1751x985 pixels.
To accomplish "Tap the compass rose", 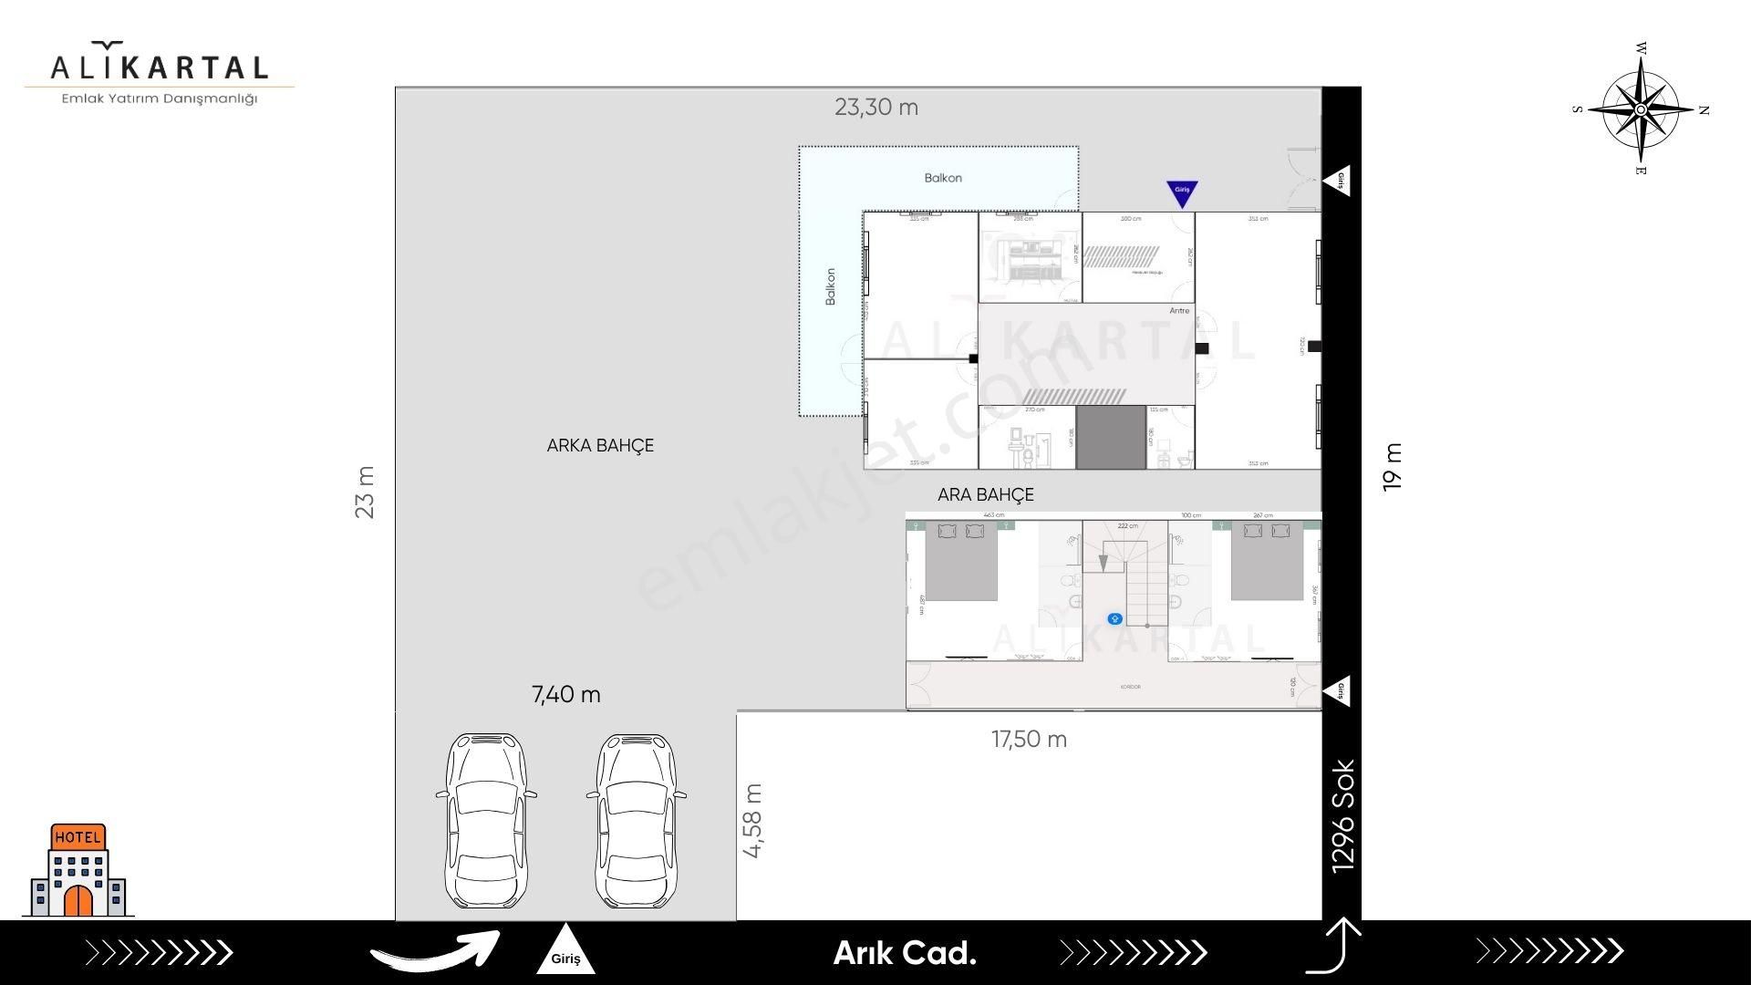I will point(1641,109).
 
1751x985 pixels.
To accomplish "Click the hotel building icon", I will point(78,871).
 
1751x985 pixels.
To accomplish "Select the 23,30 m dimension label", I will point(876,108).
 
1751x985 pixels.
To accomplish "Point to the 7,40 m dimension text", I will point(566,695).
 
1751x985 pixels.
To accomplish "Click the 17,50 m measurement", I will point(1029,740).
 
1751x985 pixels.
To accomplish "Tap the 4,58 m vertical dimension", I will point(753,821).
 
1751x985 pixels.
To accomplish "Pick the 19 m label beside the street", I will point(1392,468).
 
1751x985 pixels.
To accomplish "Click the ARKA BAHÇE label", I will point(600,446).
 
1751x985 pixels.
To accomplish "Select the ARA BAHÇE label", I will point(986,495).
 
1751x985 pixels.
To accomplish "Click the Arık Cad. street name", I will point(905,954).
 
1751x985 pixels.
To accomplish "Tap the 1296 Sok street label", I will point(1343,816).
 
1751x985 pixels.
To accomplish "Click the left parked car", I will point(486,821).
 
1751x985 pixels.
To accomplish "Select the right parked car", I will point(637,821).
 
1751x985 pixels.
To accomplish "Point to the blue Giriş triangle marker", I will point(1182,192).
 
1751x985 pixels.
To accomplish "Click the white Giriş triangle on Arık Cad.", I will point(565,952).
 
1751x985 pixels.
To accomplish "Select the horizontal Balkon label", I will point(943,178).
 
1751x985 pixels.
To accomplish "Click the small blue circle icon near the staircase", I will point(1114,619).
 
